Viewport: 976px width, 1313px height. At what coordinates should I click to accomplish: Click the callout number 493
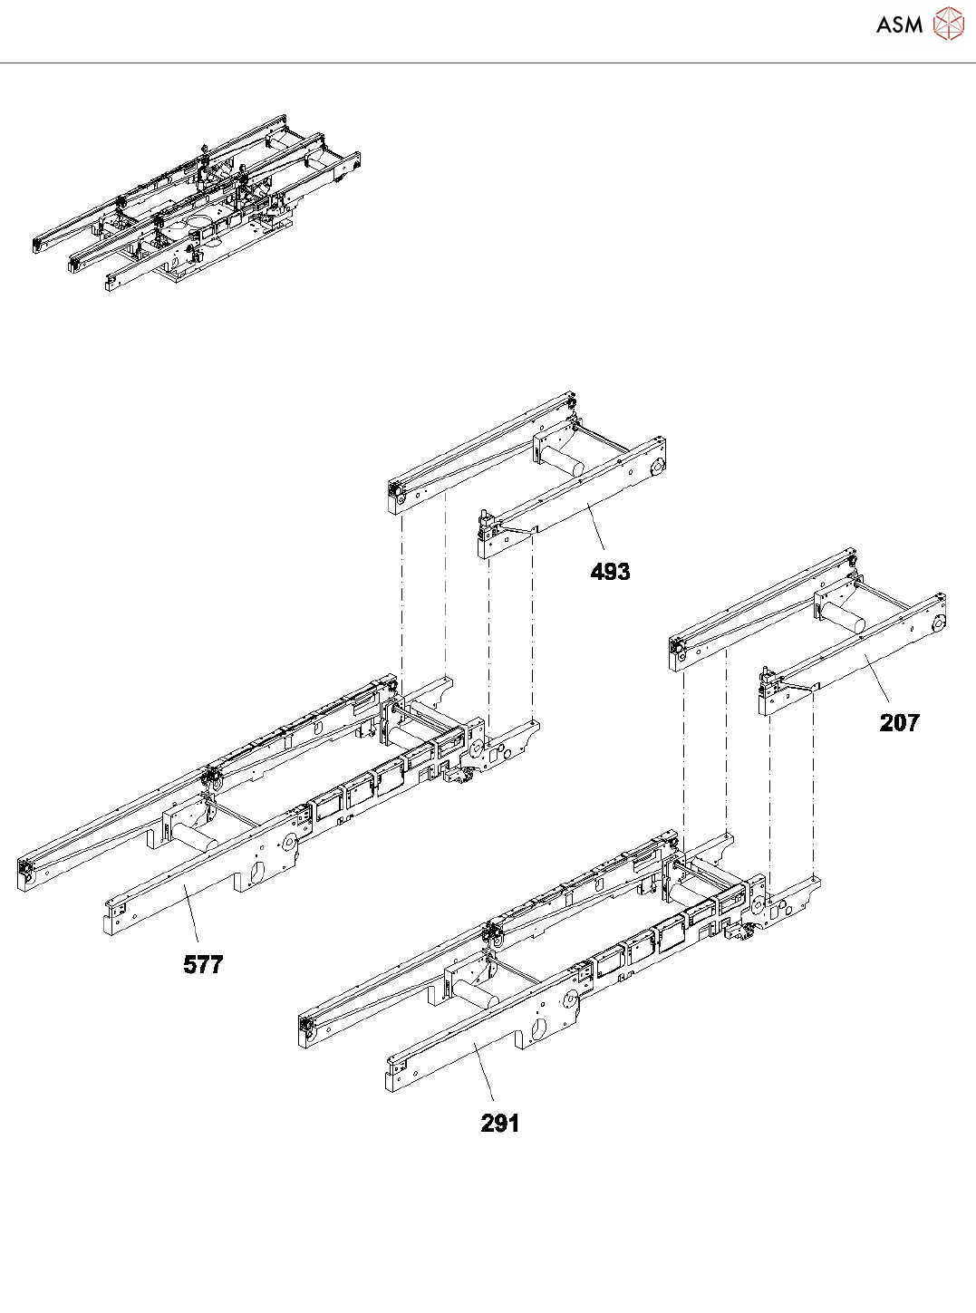pos(610,572)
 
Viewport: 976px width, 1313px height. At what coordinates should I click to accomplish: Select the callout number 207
pos(899,722)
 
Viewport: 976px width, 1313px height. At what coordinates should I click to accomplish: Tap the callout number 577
pos(203,964)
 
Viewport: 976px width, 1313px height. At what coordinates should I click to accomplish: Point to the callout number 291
pos(500,1124)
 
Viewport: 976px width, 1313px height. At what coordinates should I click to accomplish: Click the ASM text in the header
pos(899,24)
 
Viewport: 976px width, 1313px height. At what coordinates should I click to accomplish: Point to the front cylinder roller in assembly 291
pos(476,993)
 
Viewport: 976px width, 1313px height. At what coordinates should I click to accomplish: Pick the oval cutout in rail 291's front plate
pos(537,1030)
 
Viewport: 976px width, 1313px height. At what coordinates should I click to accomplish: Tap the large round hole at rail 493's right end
pos(656,467)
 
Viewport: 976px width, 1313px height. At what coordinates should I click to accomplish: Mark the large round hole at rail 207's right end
pos(937,623)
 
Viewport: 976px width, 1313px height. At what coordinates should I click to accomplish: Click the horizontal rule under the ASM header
pos(488,63)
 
